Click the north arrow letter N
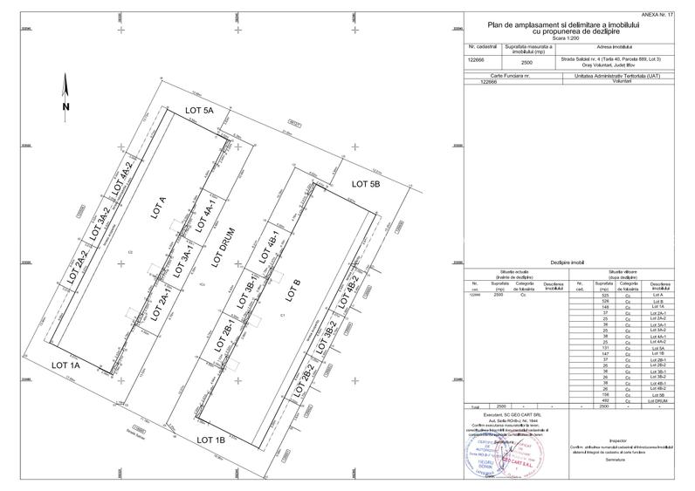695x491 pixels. pos(65,106)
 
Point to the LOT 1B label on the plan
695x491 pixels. pos(210,440)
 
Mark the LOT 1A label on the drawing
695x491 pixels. pos(65,365)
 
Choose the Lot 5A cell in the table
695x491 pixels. pos(658,348)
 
